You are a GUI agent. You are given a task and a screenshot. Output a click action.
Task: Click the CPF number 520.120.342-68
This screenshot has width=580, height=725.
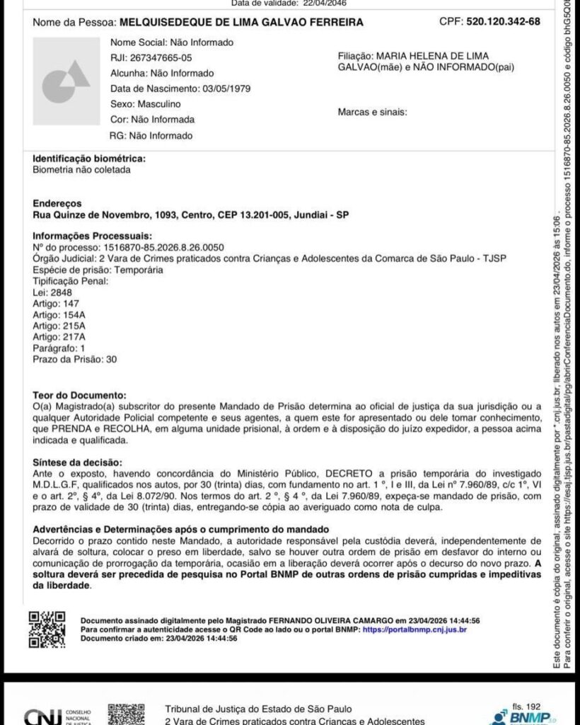tap(503, 21)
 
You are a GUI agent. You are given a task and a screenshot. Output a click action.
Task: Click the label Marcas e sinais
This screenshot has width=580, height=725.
tap(373, 112)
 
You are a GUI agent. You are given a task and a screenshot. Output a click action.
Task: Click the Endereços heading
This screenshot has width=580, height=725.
tap(57, 202)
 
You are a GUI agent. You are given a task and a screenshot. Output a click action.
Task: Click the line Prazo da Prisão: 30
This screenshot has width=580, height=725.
tap(75, 360)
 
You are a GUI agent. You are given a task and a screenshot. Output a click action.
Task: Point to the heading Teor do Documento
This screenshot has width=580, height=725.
tap(79, 394)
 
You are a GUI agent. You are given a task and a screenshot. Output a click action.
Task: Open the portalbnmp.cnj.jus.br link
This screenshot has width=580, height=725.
tap(414, 629)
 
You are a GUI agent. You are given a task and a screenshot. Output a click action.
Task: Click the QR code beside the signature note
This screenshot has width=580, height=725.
tap(47, 629)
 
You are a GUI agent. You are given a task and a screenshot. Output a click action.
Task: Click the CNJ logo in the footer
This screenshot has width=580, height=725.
tap(39, 717)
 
